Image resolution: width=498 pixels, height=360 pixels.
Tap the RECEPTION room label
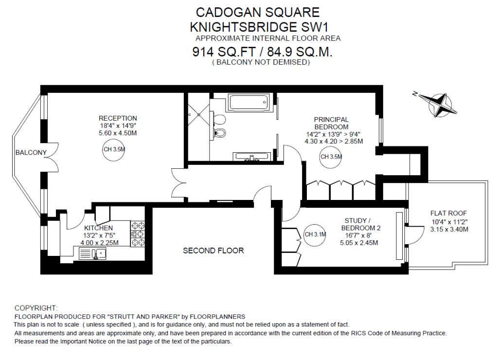118,118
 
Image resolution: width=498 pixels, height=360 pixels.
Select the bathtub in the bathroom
249,102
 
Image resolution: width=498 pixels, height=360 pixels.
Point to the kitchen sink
92,253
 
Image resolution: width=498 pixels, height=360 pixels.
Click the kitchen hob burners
138,234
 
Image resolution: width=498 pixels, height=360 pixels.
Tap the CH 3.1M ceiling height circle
315,234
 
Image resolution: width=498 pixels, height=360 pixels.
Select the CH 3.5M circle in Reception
114,149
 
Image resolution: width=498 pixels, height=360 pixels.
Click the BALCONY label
31,153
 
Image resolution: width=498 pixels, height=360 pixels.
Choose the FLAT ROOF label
448,213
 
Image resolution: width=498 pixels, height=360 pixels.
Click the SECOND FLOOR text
213,251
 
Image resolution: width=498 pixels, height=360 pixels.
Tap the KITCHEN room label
98,228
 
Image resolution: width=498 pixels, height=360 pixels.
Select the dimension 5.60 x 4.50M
118,133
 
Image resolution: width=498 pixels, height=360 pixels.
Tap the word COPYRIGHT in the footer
36,308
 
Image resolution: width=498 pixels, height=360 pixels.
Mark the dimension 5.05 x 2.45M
359,243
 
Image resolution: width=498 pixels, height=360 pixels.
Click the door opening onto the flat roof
414,235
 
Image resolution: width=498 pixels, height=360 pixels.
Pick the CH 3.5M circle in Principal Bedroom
331,157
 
